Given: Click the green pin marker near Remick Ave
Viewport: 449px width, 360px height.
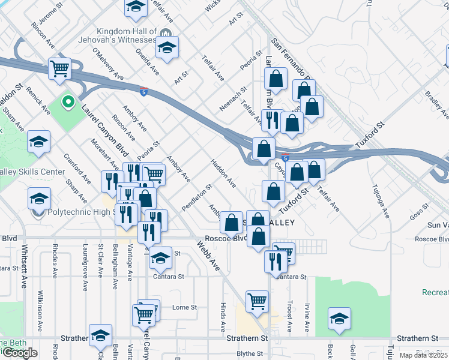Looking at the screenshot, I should [x=68, y=103].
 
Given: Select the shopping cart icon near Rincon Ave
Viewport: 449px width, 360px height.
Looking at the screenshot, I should [x=59, y=68].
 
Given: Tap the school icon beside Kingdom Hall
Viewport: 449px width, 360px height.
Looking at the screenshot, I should [x=167, y=47].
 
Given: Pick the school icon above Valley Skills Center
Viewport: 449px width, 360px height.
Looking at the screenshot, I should [x=39, y=142].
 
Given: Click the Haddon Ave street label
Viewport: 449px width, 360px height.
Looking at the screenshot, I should [x=223, y=172].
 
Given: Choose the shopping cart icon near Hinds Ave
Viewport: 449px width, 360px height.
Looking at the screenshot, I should [x=257, y=301].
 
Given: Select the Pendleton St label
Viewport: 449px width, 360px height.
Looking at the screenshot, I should [x=197, y=197].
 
